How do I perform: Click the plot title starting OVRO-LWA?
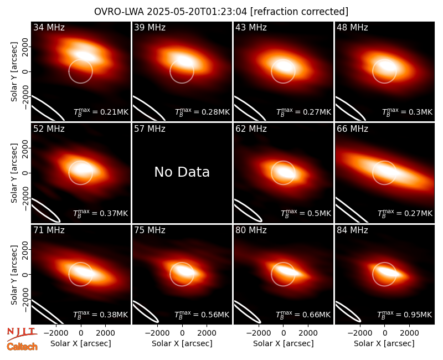221,12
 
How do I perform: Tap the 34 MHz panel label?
49,27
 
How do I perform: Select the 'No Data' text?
182,172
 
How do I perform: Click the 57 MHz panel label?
150,129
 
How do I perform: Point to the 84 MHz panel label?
352,230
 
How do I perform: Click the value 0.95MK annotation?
405,314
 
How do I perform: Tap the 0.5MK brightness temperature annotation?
306,213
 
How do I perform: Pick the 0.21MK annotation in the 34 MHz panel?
101,112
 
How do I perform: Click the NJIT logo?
22,334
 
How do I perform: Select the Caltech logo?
22,347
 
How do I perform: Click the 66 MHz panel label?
352,129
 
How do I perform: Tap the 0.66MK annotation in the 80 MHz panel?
303,314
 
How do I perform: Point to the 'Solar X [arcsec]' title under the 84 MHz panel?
384,343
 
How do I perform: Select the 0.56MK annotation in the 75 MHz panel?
202,314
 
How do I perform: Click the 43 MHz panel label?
251,27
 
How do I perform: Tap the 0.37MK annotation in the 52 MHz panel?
101,213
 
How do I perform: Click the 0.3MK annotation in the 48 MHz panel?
407,112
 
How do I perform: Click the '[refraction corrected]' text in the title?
300,12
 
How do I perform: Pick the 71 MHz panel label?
49,230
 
